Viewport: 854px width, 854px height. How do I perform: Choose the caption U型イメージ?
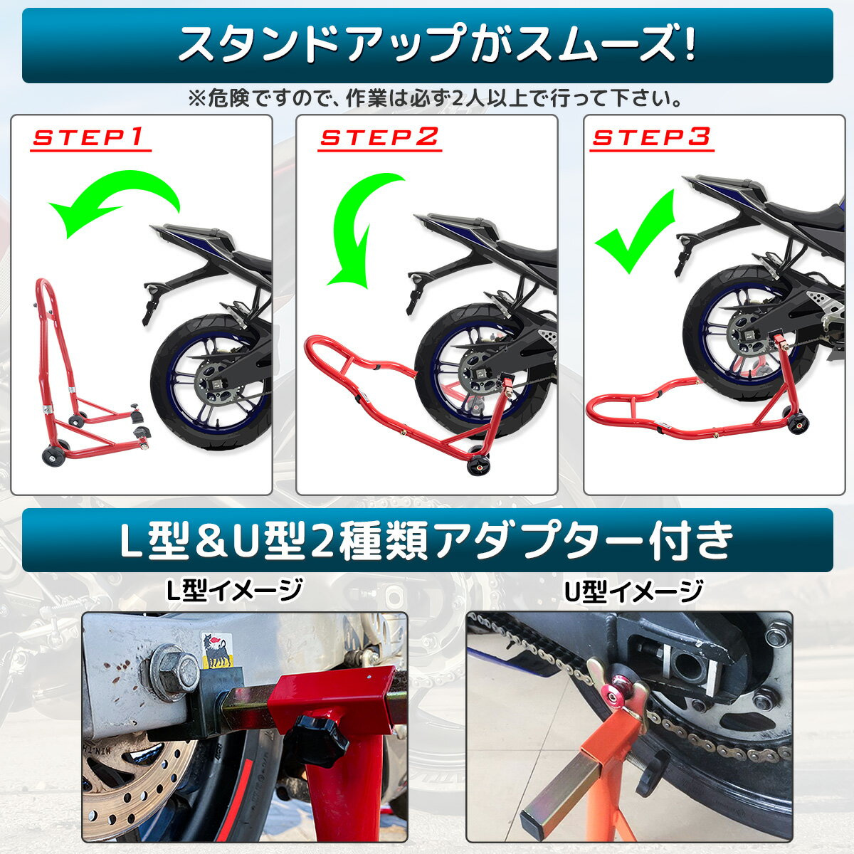[x=633, y=590]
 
